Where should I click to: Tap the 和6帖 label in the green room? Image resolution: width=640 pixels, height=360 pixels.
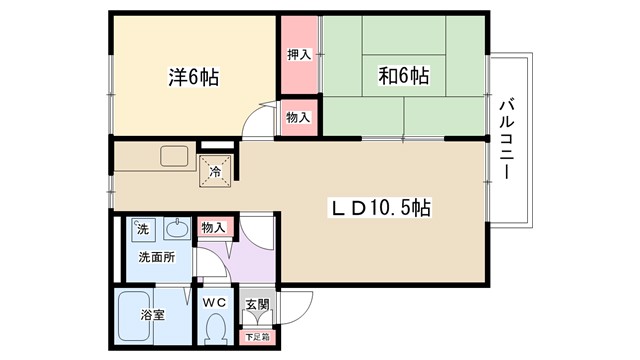(x=405, y=75)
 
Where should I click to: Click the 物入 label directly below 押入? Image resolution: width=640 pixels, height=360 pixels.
(x=298, y=118)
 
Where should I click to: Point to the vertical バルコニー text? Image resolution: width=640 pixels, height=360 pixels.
(x=504, y=138)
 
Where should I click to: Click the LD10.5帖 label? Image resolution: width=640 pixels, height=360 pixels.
(x=382, y=209)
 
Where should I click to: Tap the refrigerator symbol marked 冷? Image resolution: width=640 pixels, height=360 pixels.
(x=216, y=170)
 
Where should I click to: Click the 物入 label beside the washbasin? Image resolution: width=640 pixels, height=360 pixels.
(x=213, y=228)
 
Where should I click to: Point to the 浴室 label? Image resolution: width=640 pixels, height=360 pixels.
(x=153, y=316)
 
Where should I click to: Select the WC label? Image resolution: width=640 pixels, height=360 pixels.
(x=216, y=302)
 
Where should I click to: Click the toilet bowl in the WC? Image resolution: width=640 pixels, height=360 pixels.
(x=215, y=327)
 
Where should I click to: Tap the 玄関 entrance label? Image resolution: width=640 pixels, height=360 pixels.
(x=256, y=303)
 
